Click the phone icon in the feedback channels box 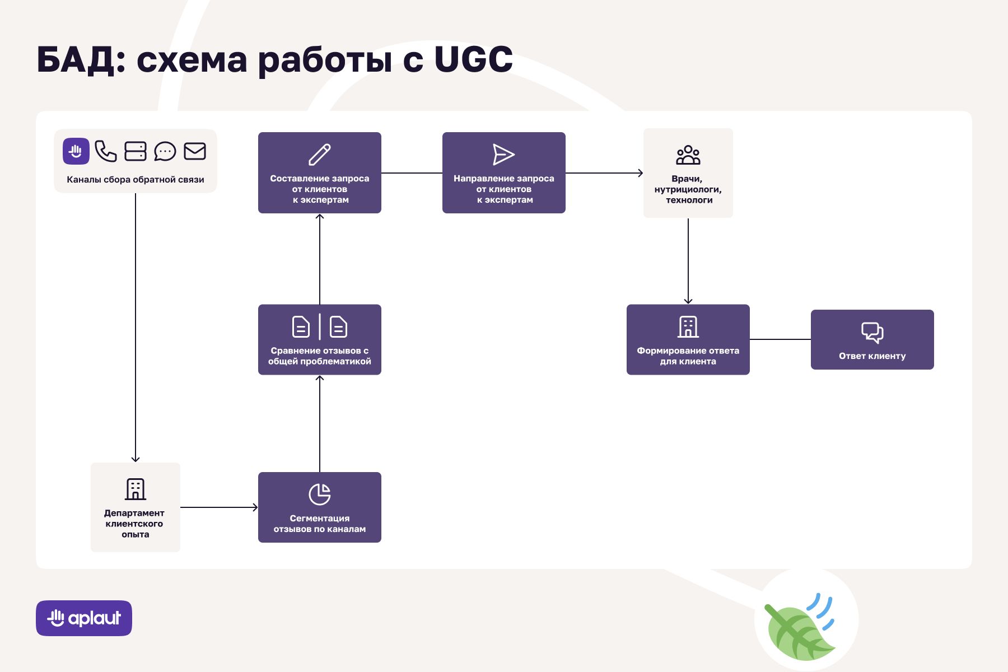tap(105, 151)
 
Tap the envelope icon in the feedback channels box tap(195, 151)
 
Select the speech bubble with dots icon tap(165, 151)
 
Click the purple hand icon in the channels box tap(76, 151)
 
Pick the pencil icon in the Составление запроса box tap(320, 155)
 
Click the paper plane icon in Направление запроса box tap(503, 155)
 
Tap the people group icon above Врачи tap(688, 155)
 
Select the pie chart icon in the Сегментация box tap(320, 494)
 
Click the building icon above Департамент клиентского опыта tap(136, 489)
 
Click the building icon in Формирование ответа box tap(688, 327)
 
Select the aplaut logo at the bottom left tap(84, 618)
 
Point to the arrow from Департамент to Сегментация tap(218, 507)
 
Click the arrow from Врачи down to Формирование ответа tap(688, 261)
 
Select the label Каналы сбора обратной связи tap(136, 180)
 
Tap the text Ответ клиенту tap(872, 356)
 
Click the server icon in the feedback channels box tap(135, 151)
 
